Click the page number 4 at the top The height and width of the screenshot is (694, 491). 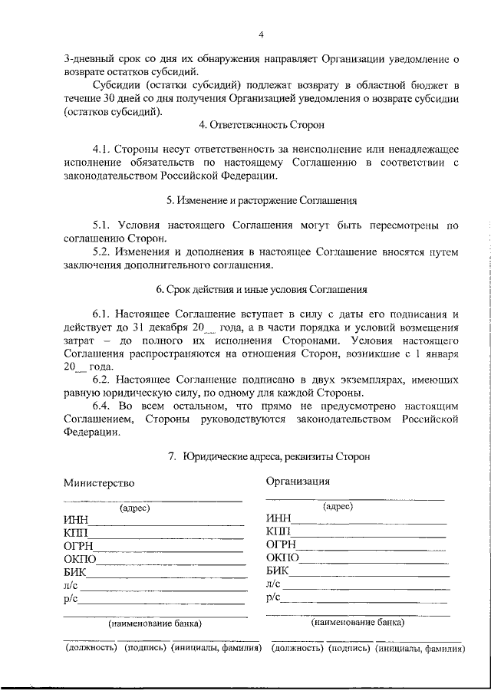pos(260,34)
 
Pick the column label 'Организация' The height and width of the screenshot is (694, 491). pos(298,482)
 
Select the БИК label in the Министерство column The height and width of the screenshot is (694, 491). pos(75,572)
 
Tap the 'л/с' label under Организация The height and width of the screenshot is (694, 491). pos(274,584)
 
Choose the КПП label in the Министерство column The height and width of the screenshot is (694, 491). pos(76,534)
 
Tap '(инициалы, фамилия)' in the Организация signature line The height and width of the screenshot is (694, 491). pos(420,648)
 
